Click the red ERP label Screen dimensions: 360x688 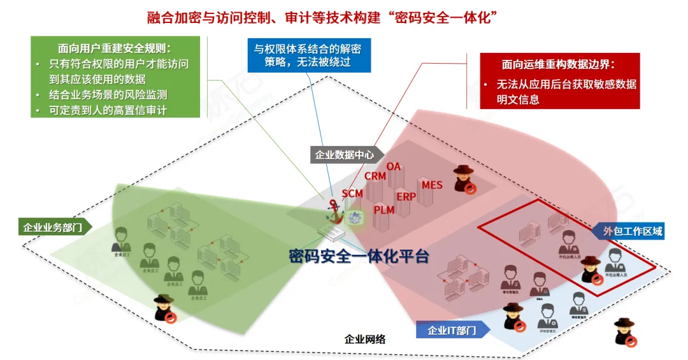pos(406,196)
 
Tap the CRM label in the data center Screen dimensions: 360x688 pos(375,176)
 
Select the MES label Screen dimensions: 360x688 pos(432,185)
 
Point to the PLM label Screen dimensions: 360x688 pos(384,210)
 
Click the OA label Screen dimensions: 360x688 pos(394,166)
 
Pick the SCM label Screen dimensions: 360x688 pos(352,193)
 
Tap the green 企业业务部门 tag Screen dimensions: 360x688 pos(54,227)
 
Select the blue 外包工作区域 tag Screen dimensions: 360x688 pos(633,231)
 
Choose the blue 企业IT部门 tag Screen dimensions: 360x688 pos(450,330)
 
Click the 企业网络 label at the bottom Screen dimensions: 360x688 pos(364,339)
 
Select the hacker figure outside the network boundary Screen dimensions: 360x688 pos(624,332)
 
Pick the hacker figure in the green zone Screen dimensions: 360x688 pos(166,308)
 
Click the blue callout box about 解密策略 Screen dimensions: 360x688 pos(308,55)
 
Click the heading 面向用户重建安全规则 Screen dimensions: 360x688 pos(115,48)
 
